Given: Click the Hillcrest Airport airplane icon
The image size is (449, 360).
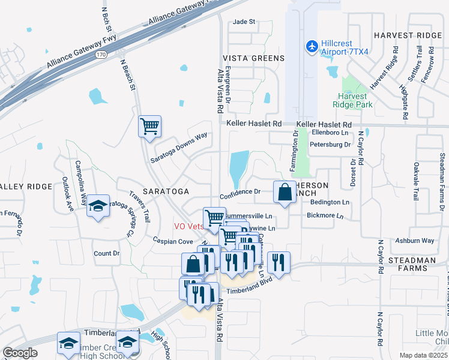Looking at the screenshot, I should click(x=312, y=46).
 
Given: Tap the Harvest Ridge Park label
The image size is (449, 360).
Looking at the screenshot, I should click(x=355, y=100).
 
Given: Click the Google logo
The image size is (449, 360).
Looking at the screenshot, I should click(x=20, y=353).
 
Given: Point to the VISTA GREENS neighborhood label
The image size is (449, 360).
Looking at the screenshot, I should click(x=254, y=58).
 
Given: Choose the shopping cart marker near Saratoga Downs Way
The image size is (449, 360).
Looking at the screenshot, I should click(x=149, y=127).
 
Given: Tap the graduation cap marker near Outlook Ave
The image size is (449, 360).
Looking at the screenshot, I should click(x=98, y=206).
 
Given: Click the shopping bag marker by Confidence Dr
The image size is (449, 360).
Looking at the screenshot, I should click(x=285, y=193).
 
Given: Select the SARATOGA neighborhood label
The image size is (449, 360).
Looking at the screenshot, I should click(x=166, y=191).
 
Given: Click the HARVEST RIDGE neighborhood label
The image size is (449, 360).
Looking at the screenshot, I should click(x=408, y=35).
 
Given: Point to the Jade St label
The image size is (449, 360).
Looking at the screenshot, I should click(x=244, y=22).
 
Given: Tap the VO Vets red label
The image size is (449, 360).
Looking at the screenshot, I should click(x=188, y=226).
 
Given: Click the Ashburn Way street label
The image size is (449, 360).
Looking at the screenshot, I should click(x=415, y=241).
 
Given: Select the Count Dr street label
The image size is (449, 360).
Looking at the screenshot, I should click(x=107, y=254).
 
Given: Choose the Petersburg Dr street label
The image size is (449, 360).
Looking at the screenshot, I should click(x=330, y=145).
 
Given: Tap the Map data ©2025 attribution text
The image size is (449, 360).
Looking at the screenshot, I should click(x=423, y=355).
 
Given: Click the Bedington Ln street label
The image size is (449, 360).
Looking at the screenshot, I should click(x=330, y=203).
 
